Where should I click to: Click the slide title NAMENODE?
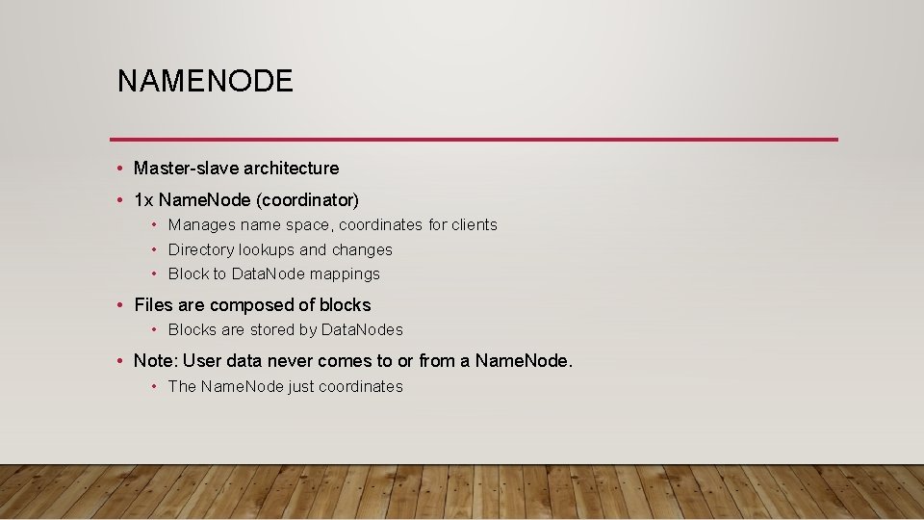(x=205, y=81)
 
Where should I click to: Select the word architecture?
(x=291, y=169)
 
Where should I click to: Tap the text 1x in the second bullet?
(x=143, y=200)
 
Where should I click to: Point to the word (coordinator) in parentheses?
(x=312, y=200)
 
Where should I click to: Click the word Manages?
(x=200, y=225)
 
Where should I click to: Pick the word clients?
(x=475, y=225)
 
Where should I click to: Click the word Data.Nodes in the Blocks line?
(x=362, y=330)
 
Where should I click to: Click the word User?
(x=202, y=362)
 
